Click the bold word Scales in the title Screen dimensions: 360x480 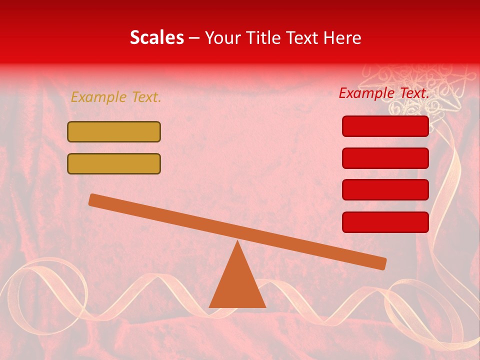click(156, 37)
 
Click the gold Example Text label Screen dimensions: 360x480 click(116, 97)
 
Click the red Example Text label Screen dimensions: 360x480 click(384, 93)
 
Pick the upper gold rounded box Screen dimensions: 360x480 click(114, 132)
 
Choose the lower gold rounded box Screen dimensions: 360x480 click(114, 163)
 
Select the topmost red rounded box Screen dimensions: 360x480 click(385, 126)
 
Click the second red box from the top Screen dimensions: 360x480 click(385, 158)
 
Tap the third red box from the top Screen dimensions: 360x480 click(385, 190)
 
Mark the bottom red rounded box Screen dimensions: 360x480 click(385, 222)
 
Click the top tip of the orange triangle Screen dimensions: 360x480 click(237, 243)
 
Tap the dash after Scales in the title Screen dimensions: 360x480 click(194, 38)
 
